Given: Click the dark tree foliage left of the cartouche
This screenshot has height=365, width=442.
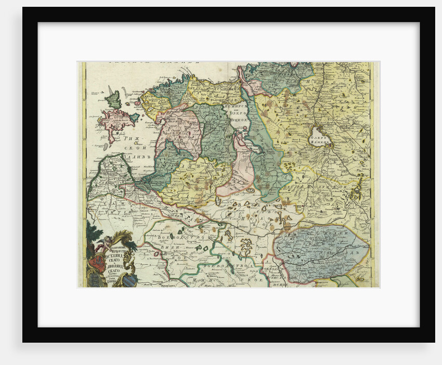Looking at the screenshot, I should click(92, 234).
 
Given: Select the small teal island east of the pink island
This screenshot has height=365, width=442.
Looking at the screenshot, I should click(134, 118).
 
